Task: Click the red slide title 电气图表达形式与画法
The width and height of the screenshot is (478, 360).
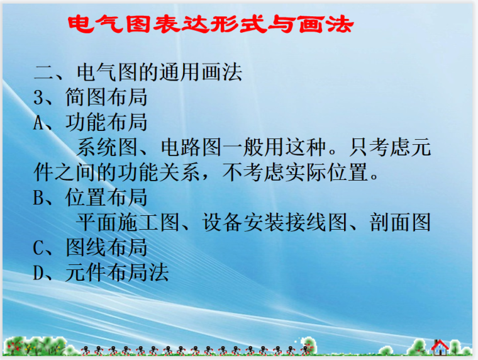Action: coord(210,25)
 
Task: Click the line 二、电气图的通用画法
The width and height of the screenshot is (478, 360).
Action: coord(138,72)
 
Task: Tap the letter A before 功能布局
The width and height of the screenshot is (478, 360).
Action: coord(39,122)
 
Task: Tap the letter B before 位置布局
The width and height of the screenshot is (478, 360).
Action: coord(39,198)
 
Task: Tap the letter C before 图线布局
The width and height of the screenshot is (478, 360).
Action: coord(39,247)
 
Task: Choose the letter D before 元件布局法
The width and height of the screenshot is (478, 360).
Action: coord(39,273)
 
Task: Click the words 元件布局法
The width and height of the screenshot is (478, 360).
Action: coord(117,273)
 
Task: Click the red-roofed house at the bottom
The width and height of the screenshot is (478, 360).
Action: coord(440,346)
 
